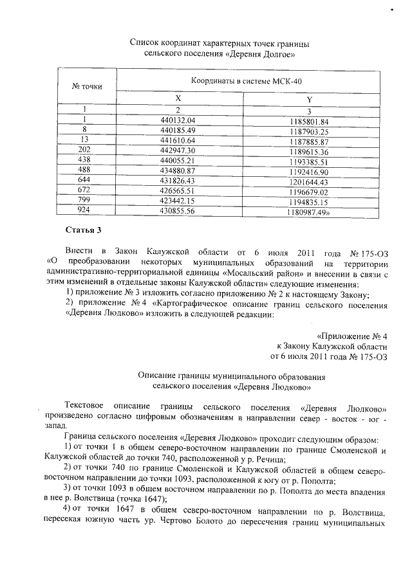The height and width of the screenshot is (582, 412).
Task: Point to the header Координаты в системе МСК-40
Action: pos(246,82)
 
